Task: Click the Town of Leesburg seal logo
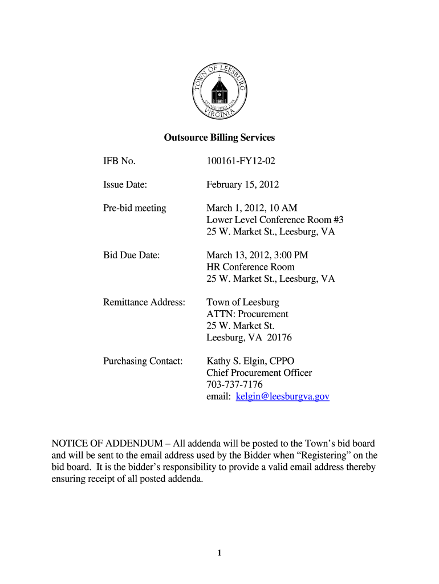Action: pyautogui.click(x=219, y=89)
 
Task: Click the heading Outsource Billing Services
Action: pyautogui.click(x=219, y=138)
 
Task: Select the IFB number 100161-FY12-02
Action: pyautogui.click(x=241, y=161)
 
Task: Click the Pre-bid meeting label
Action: pyautogui.click(x=135, y=208)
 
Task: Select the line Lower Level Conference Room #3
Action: pyautogui.click(x=275, y=220)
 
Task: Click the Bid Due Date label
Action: pyautogui.click(x=131, y=255)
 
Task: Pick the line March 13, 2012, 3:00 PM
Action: pyautogui.click(x=257, y=255)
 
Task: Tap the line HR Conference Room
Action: pyautogui.click(x=250, y=267)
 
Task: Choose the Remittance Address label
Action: pyautogui.click(x=144, y=302)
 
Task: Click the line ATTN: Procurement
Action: pyautogui.click(x=247, y=314)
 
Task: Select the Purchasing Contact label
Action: pyautogui.click(x=143, y=361)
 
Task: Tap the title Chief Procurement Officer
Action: pyautogui.click(x=259, y=373)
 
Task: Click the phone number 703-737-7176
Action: pyautogui.click(x=234, y=385)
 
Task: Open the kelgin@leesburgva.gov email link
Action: pyautogui.click(x=282, y=396)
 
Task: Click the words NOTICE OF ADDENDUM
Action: pyautogui.click(x=103, y=443)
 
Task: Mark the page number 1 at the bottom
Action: pyautogui.click(x=219, y=553)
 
